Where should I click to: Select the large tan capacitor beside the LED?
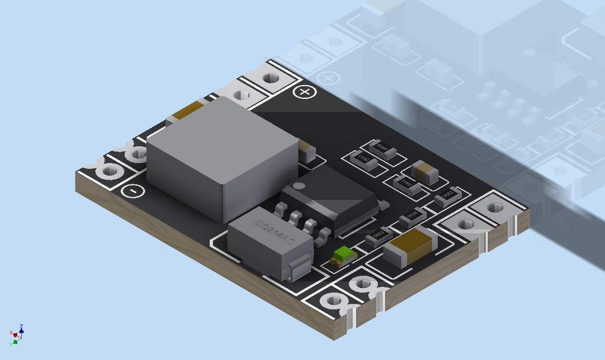(411, 245)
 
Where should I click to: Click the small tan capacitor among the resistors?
(424, 171)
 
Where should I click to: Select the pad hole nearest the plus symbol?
(271, 78)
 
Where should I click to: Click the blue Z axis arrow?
(21, 328)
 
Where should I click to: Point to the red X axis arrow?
(11, 333)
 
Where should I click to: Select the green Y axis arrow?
(13, 343)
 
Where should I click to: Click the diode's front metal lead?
(299, 267)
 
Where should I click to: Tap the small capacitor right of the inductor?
(308, 152)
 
